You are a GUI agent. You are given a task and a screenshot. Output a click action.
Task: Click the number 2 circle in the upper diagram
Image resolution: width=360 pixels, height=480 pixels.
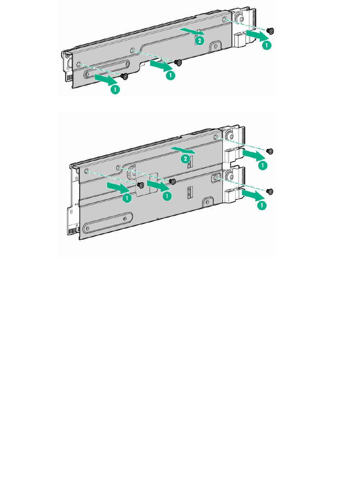point(199,41)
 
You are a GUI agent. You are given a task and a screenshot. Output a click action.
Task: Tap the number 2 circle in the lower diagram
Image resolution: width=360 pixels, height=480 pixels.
point(185,159)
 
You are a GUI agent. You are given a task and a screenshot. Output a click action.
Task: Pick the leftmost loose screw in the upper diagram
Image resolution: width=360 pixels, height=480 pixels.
point(125,76)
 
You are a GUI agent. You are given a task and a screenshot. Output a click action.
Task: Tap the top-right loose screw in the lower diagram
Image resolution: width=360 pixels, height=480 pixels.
point(270,151)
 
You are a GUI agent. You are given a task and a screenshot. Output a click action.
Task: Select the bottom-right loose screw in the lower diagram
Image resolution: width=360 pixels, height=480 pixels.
point(270,192)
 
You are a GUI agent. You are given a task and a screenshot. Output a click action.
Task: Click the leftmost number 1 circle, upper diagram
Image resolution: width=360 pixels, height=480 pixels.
point(115,89)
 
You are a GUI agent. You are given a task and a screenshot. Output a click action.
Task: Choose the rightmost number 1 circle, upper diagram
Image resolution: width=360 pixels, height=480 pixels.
point(267,45)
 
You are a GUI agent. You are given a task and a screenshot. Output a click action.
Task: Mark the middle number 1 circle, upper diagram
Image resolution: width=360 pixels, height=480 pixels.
point(171,75)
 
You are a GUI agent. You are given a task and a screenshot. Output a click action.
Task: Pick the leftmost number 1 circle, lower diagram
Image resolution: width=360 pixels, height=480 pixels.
point(127,199)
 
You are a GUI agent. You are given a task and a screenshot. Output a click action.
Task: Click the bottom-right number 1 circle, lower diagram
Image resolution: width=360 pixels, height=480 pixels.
point(262,205)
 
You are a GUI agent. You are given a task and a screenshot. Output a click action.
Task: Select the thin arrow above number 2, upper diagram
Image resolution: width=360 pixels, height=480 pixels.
point(192,31)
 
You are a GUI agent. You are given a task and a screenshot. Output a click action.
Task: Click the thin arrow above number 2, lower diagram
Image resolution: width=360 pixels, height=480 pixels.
point(183,150)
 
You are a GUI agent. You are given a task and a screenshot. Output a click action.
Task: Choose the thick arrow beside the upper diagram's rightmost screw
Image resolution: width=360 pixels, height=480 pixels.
point(257,35)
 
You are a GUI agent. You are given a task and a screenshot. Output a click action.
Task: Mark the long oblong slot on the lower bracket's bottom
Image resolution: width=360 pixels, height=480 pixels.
point(108,223)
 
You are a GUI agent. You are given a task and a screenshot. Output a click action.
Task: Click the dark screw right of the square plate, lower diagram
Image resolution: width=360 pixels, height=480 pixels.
point(172,181)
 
